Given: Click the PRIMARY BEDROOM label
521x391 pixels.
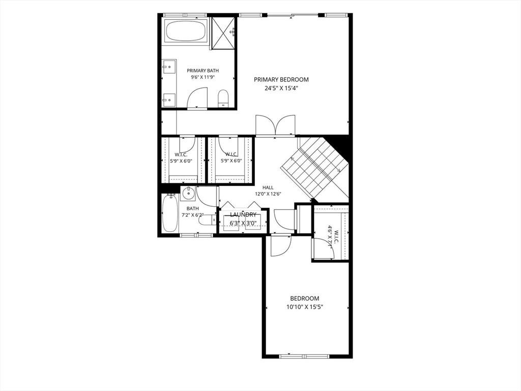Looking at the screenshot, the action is (281, 79).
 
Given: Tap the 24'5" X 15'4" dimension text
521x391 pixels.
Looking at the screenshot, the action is (281, 89).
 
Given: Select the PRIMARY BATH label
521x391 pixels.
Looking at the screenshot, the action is (202, 70).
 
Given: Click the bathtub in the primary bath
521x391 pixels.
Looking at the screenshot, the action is (186, 31).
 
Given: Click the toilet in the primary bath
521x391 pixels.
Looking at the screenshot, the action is (223, 98).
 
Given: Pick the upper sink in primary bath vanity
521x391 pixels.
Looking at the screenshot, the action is (169, 67).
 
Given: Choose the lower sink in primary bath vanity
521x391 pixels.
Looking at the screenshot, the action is (169, 99).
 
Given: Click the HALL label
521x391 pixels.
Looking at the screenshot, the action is (268, 187).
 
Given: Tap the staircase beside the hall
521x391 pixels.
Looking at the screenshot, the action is (314, 166).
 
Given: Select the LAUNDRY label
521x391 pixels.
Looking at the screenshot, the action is (243, 215).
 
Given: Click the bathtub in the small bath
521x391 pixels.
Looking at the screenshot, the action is (170, 213).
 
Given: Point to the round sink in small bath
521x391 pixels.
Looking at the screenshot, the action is (188, 193).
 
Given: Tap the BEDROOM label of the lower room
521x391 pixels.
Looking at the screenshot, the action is (305, 298).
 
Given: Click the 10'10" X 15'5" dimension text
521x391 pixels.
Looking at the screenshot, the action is (305, 307).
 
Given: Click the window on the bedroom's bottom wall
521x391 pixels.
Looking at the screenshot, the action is (304, 356).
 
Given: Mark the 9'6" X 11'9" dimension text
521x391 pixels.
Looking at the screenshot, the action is (202, 77).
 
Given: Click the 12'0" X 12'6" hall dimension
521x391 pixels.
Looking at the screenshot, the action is (268, 194).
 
